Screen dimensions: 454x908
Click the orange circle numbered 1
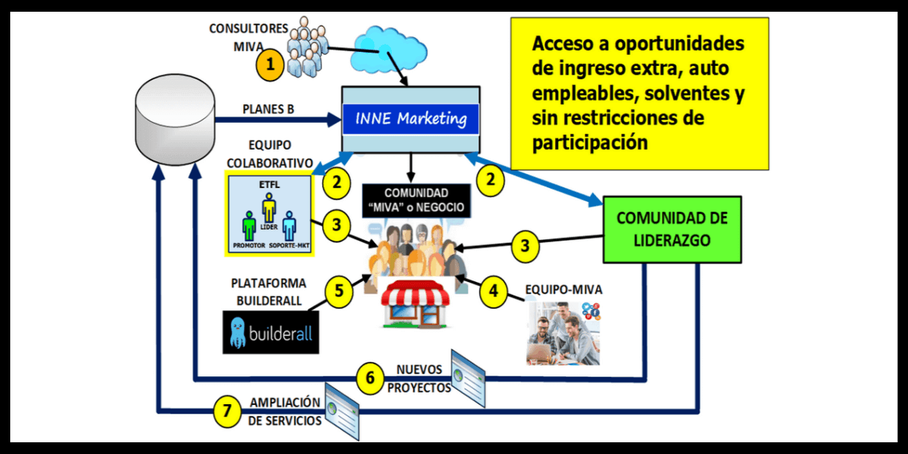tap(270, 64)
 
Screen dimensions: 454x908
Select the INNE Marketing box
tap(411, 119)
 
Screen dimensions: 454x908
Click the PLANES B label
tap(268, 109)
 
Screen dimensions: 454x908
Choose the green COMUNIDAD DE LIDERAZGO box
tap(671, 228)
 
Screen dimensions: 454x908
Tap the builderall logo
tap(271, 332)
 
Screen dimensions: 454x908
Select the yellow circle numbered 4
tap(494, 290)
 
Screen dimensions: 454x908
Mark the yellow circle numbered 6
tap(371, 378)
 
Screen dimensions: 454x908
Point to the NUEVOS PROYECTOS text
tap(419, 379)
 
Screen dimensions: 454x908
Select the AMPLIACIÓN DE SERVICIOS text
tap(285, 412)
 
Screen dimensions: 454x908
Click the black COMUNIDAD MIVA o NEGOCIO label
tap(414, 200)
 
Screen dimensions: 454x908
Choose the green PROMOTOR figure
tap(249, 226)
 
